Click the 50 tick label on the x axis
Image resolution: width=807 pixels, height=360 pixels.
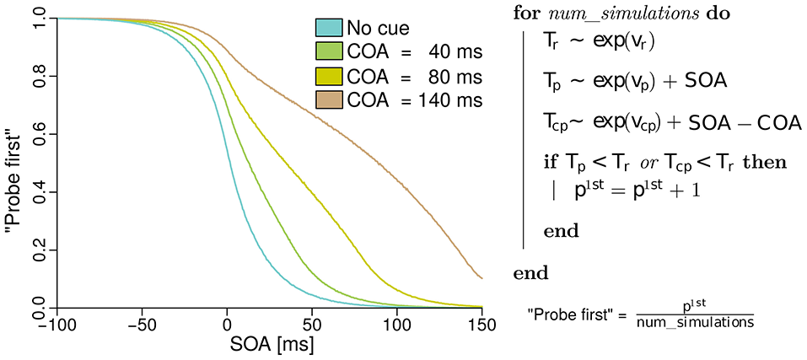pos(312,325)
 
